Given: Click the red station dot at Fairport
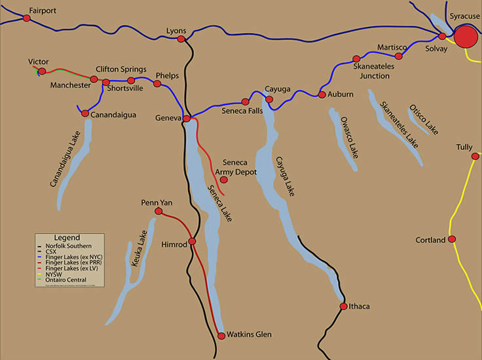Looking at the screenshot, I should coord(27,18).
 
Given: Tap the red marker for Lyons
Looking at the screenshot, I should coord(181,39).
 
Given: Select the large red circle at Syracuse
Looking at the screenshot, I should coord(466,37).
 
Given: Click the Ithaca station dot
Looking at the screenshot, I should coord(343,306).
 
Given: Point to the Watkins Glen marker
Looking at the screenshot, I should coord(221,335).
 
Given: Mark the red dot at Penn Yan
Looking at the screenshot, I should coord(158,212).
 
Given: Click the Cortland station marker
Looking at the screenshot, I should coord(451,240).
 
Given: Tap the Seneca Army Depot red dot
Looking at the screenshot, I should coord(224,179).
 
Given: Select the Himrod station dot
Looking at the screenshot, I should coord(192,242).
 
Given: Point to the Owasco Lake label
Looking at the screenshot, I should coord(349,137).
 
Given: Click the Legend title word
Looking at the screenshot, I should coord(67,237).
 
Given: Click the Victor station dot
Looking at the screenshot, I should coord(41,71).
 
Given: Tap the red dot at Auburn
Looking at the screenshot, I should coord(322,95).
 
